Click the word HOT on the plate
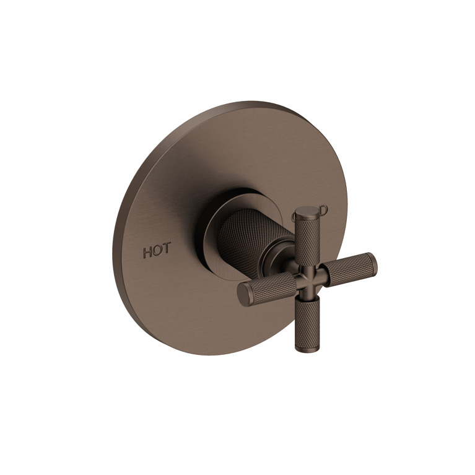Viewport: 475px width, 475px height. (x=158, y=252)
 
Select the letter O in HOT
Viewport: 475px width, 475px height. (x=159, y=252)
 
